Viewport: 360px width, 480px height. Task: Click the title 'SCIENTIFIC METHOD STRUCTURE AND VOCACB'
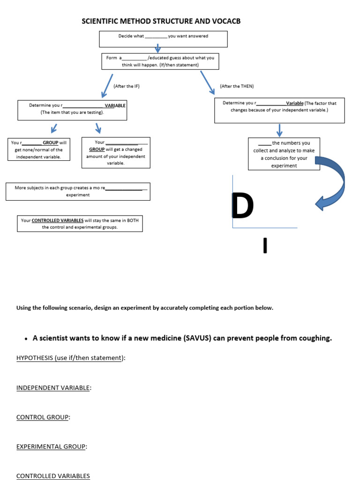(x=161, y=22)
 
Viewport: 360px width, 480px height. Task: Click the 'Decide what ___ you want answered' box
(x=163, y=39)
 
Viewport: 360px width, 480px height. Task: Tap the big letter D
(x=243, y=206)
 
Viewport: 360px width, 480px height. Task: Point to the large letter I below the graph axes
(x=265, y=246)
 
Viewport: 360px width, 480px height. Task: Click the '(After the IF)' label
(x=127, y=86)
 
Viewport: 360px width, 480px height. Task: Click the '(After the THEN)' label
(x=237, y=86)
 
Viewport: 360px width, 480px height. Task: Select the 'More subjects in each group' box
(x=78, y=191)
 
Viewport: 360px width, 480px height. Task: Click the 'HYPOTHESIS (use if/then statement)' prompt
(x=71, y=358)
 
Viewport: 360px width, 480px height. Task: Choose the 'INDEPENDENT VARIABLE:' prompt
(x=53, y=388)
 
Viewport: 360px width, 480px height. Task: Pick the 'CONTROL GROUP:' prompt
(x=43, y=417)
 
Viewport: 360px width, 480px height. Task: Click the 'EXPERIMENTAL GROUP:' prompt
(x=52, y=447)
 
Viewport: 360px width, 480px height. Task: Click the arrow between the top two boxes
(x=158, y=48)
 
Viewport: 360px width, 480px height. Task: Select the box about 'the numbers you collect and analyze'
(x=284, y=154)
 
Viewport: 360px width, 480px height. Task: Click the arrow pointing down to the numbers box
(x=280, y=130)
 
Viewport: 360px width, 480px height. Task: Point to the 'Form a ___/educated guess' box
(x=160, y=61)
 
